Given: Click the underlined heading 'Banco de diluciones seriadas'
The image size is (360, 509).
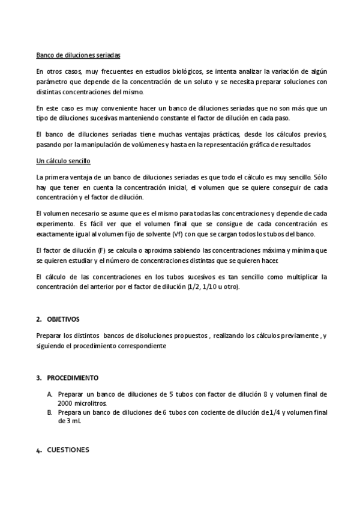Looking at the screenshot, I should (78, 55).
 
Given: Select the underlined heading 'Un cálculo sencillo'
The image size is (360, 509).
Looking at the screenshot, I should (63, 162).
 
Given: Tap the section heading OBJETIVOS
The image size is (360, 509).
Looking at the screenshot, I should (63, 319).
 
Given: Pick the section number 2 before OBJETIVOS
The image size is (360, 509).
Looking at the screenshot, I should (38, 319).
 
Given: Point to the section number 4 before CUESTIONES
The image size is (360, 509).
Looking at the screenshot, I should (38, 450).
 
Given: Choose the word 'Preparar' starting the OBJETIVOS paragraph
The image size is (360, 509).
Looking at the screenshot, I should (49, 337).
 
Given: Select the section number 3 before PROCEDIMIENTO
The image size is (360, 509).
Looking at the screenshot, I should (38, 378).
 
